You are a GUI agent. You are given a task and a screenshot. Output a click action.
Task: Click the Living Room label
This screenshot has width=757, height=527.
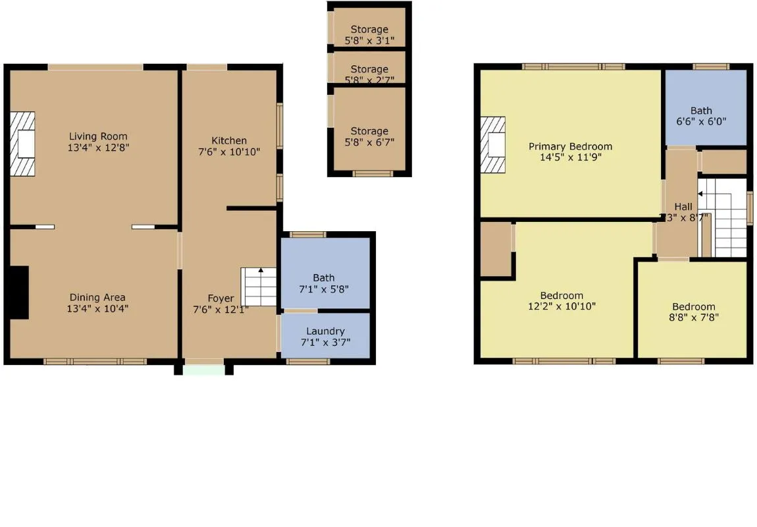tap(98, 136)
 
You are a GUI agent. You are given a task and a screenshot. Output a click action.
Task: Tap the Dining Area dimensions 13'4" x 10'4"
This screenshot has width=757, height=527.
tap(98, 308)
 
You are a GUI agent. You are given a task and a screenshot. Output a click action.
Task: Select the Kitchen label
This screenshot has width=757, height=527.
tap(229, 140)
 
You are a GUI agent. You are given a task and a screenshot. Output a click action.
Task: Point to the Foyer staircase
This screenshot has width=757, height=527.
tap(259, 286)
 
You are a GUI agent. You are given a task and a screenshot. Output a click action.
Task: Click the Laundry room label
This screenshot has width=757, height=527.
tap(325, 331)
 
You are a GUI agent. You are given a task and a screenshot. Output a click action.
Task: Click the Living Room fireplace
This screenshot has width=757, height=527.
tap(24, 144)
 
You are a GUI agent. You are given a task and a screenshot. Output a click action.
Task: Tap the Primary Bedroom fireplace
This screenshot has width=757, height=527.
tap(494, 145)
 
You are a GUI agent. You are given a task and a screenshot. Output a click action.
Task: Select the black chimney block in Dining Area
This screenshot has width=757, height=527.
tap(20, 292)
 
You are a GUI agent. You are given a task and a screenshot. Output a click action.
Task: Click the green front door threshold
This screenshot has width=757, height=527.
tap(203, 369)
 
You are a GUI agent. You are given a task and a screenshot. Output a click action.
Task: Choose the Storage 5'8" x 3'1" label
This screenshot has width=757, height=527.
tap(369, 29)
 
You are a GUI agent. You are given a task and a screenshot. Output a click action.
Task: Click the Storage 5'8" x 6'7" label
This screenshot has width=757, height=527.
tap(369, 131)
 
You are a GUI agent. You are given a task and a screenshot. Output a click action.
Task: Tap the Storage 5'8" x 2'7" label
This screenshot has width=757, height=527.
tap(369, 69)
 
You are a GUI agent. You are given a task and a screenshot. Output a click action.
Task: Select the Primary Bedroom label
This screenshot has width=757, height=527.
tap(570, 146)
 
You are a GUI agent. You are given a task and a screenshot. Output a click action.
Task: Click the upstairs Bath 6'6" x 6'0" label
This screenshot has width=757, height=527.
tap(701, 111)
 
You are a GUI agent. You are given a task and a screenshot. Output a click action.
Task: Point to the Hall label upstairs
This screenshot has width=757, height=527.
tap(683, 206)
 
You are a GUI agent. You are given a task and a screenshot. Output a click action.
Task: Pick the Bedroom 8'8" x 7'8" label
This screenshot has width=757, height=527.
tap(693, 306)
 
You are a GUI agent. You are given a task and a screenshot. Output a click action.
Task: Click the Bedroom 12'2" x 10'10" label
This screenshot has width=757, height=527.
tap(561, 296)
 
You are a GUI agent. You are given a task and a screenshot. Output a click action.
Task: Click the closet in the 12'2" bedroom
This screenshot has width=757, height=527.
tap(496, 250)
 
